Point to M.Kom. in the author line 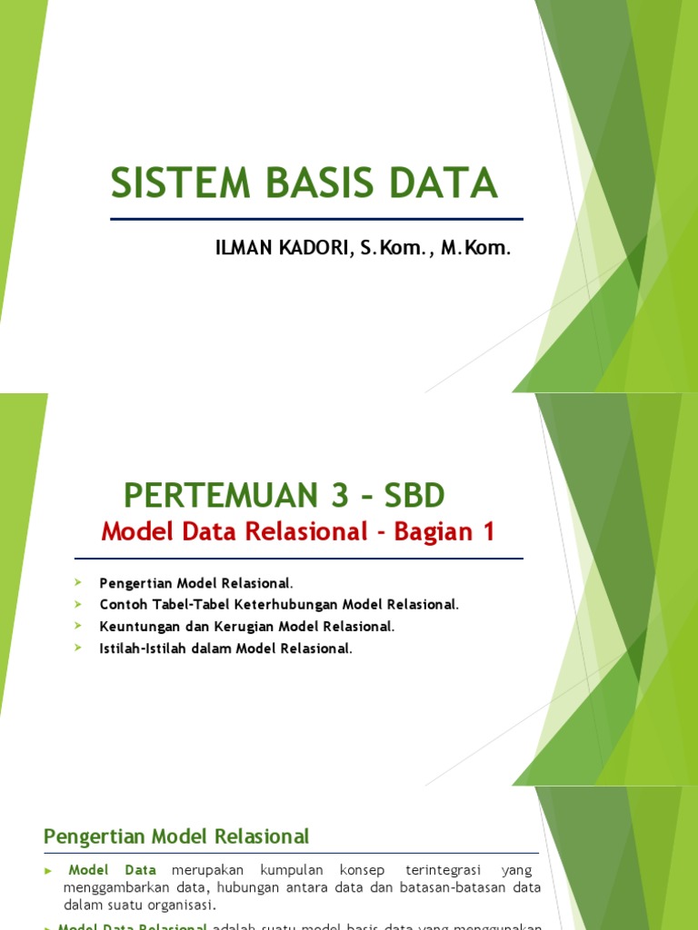(x=475, y=247)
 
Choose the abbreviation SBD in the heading (x=414, y=496)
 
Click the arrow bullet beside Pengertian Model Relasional (x=79, y=581)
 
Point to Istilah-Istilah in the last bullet (x=143, y=648)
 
